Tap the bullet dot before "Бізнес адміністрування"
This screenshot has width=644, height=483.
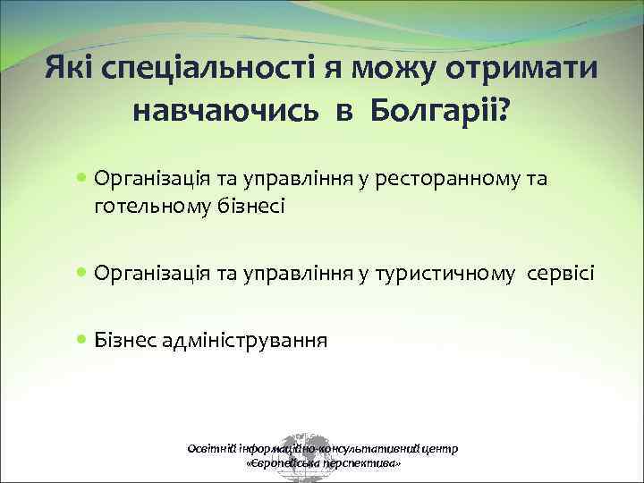82,340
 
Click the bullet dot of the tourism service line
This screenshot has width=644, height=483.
82,272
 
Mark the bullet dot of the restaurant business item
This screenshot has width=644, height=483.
82,179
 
